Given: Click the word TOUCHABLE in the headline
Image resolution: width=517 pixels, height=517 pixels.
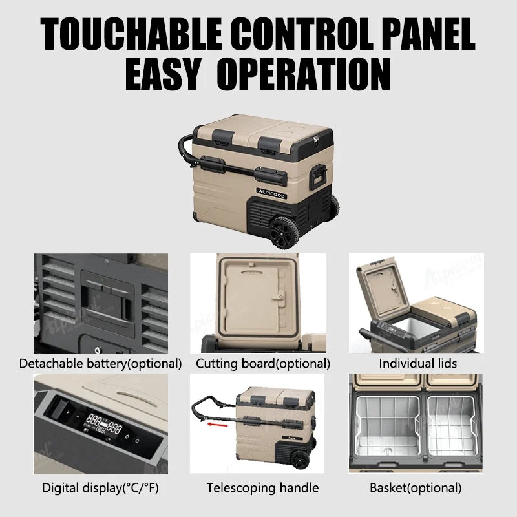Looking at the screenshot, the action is point(131,34).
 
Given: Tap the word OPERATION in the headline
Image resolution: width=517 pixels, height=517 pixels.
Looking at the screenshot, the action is point(304,74).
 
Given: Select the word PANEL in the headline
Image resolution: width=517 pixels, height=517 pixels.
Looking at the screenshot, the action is point(428,34).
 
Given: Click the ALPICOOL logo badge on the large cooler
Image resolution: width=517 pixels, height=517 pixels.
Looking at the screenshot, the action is point(271,193).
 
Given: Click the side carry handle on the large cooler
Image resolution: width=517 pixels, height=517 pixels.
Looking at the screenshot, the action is point(318,176).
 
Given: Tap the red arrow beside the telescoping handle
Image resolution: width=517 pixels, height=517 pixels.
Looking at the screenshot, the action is point(217,425).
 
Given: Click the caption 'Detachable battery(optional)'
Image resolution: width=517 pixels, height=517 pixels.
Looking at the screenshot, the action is point(100,364).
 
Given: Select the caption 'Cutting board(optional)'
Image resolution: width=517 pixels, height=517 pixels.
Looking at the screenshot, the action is point(263,364).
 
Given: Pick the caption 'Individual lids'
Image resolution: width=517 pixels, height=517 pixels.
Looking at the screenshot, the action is point(417,363).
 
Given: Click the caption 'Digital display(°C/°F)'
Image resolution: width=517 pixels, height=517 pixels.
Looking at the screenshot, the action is point(100,488).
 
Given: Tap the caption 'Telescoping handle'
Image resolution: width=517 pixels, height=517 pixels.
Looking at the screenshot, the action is point(262,488).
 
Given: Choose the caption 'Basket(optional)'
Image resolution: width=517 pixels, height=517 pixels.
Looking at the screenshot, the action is point(416,488).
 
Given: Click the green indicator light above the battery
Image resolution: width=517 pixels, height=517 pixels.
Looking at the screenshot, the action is point(103,280).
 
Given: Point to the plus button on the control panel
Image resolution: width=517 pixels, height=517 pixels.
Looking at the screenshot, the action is point(68,412).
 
